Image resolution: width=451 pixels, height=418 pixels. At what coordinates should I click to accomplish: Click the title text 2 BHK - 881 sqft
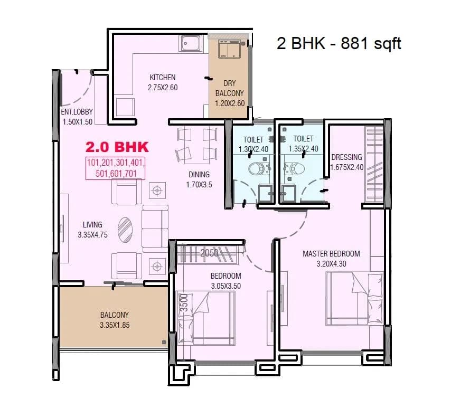[339, 43]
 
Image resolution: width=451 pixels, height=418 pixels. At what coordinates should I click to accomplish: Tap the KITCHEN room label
[162, 78]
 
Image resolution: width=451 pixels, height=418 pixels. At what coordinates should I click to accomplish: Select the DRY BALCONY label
[230, 88]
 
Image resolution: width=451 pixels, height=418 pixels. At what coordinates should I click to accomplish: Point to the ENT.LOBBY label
[77, 112]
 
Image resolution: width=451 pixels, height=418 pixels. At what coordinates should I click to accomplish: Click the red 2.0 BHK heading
[117, 146]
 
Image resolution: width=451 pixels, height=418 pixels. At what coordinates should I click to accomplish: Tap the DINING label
[199, 175]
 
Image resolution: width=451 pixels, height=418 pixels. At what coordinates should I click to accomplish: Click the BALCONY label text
[114, 315]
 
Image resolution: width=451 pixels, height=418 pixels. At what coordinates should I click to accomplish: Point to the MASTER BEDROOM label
[331, 254]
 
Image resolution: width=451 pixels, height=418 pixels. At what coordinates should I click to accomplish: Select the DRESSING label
[346, 157]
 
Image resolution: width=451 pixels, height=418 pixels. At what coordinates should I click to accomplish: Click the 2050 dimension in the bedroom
[209, 253]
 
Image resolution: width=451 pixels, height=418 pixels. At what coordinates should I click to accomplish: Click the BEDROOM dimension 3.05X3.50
[225, 286]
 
